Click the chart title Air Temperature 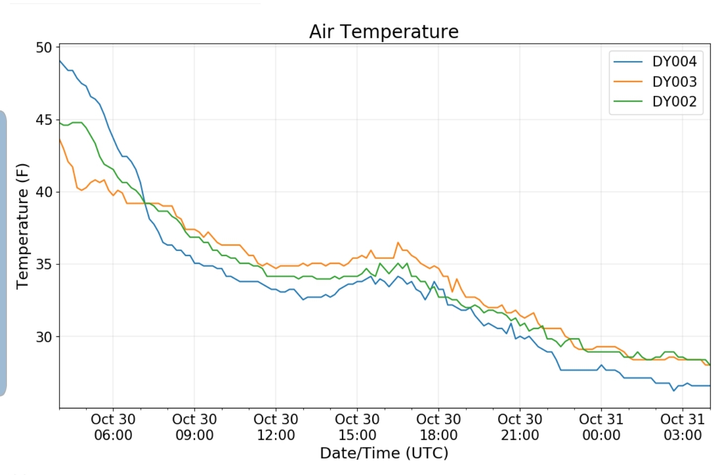click(384, 32)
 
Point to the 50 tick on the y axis click(44, 48)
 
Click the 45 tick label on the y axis click(44, 120)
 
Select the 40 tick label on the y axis click(44, 192)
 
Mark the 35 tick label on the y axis click(44, 264)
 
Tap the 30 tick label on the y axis click(44, 336)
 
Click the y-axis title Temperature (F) click(22, 226)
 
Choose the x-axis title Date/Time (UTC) click(384, 453)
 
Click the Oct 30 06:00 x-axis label click(113, 427)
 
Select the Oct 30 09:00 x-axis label click(195, 427)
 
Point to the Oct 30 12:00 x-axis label click(276, 427)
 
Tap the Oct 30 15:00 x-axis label click(357, 427)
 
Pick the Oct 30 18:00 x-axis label click(439, 427)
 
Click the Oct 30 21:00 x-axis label click(520, 427)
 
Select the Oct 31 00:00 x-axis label click(601, 427)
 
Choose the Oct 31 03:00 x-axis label click(683, 427)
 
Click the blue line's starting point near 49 click(60, 61)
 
